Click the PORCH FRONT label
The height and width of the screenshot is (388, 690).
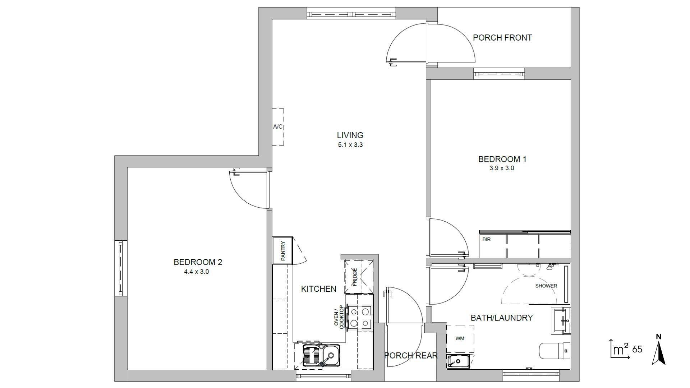pos(502,38)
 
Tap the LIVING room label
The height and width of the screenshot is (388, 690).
pos(350,135)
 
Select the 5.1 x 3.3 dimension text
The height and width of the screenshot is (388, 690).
pos(350,145)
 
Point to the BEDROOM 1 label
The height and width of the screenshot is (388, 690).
pos(502,159)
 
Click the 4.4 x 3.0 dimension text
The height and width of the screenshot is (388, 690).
pos(197,272)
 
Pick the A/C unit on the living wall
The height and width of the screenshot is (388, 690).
pos(278,127)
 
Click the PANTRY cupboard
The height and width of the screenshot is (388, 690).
pos(283,251)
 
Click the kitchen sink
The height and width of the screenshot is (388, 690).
pos(322,355)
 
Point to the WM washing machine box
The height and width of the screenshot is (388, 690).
pos(460,338)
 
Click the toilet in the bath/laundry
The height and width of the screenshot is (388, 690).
pos(555,351)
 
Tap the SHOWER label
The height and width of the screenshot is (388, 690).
pos(546,286)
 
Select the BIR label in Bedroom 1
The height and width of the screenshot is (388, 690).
pos(486,239)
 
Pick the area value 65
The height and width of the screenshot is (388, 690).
pos(637,349)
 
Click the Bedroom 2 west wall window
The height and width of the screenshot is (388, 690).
pos(121,268)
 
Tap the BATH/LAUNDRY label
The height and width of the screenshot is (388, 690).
pos(502,318)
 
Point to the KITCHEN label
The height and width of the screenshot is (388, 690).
pos(318,289)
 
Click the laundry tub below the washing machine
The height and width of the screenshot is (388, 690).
pos(458,361)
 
